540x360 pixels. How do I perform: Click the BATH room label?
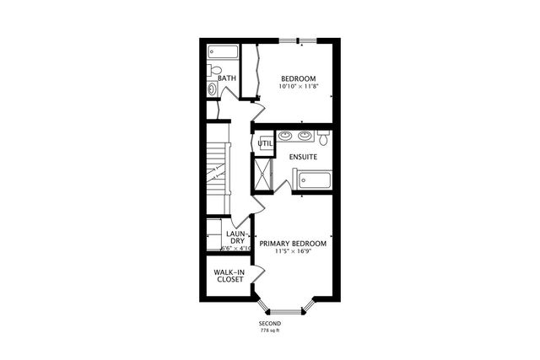(x=227, y=79)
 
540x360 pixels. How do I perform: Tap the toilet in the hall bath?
(x=215, y=70)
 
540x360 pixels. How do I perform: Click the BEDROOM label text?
(x=299, y=79)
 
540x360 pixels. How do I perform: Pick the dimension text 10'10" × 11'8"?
(x=299, y=88)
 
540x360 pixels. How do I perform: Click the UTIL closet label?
(x=264, y=143)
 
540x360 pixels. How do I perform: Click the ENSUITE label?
(x=303, y=157)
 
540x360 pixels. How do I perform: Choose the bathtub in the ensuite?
(x=313, y=180)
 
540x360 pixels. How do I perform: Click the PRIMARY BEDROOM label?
(x=293, y=244)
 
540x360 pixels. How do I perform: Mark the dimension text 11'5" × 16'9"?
(x=293, y=252)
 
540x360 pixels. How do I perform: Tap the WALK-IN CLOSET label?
(x=229, y=276)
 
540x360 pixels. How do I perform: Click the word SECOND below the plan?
(x=270, y=324)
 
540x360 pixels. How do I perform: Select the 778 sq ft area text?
(x=270, y=330)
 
